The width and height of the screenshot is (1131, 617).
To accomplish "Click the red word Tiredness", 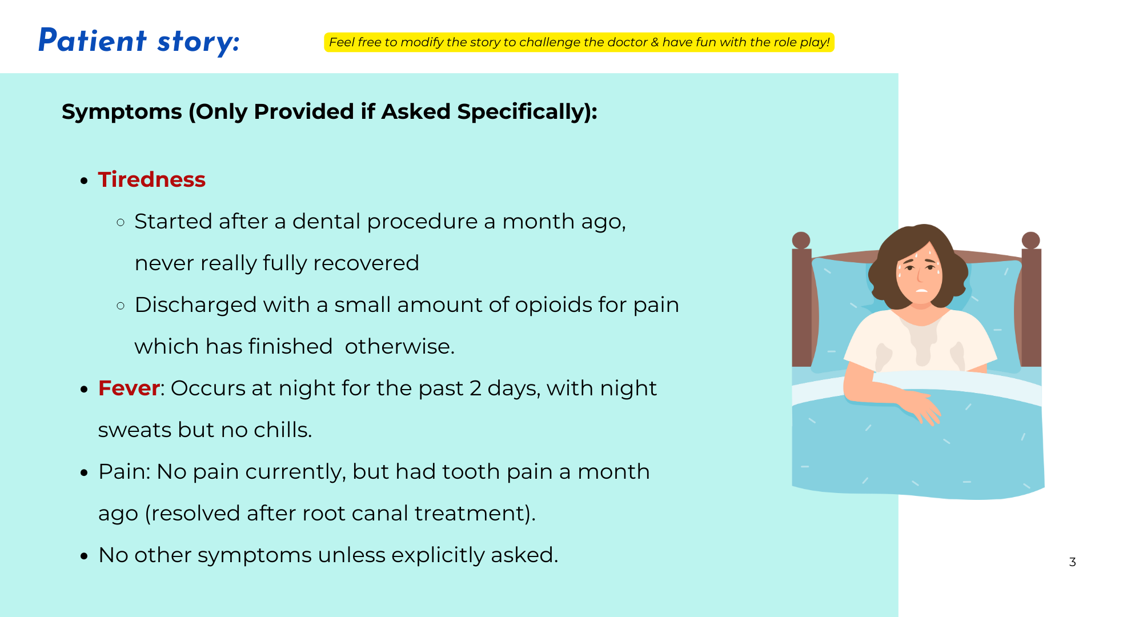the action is [x=151, y=179].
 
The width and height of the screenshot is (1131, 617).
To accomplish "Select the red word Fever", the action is [x=129, y=388].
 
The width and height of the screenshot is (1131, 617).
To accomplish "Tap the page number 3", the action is [x=1072, y=562].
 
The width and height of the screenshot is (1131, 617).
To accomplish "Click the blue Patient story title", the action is [x=139, y=41].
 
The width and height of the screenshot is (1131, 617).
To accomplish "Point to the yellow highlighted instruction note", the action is [x=579, y=42].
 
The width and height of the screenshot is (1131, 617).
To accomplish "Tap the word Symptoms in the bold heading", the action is [x=122, y=112].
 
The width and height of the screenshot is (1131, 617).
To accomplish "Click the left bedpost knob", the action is [x=801, y=240].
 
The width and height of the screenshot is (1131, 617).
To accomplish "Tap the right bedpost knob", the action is [x=1030, y=240].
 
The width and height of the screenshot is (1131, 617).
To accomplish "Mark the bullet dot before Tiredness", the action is [x=84, y=181].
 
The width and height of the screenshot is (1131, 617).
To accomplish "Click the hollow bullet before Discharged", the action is [x=121, y=306].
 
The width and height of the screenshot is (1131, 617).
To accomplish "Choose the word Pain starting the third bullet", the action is [x=123, y=472].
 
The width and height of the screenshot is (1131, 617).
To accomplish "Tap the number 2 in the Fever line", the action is [x=475, y=388].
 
